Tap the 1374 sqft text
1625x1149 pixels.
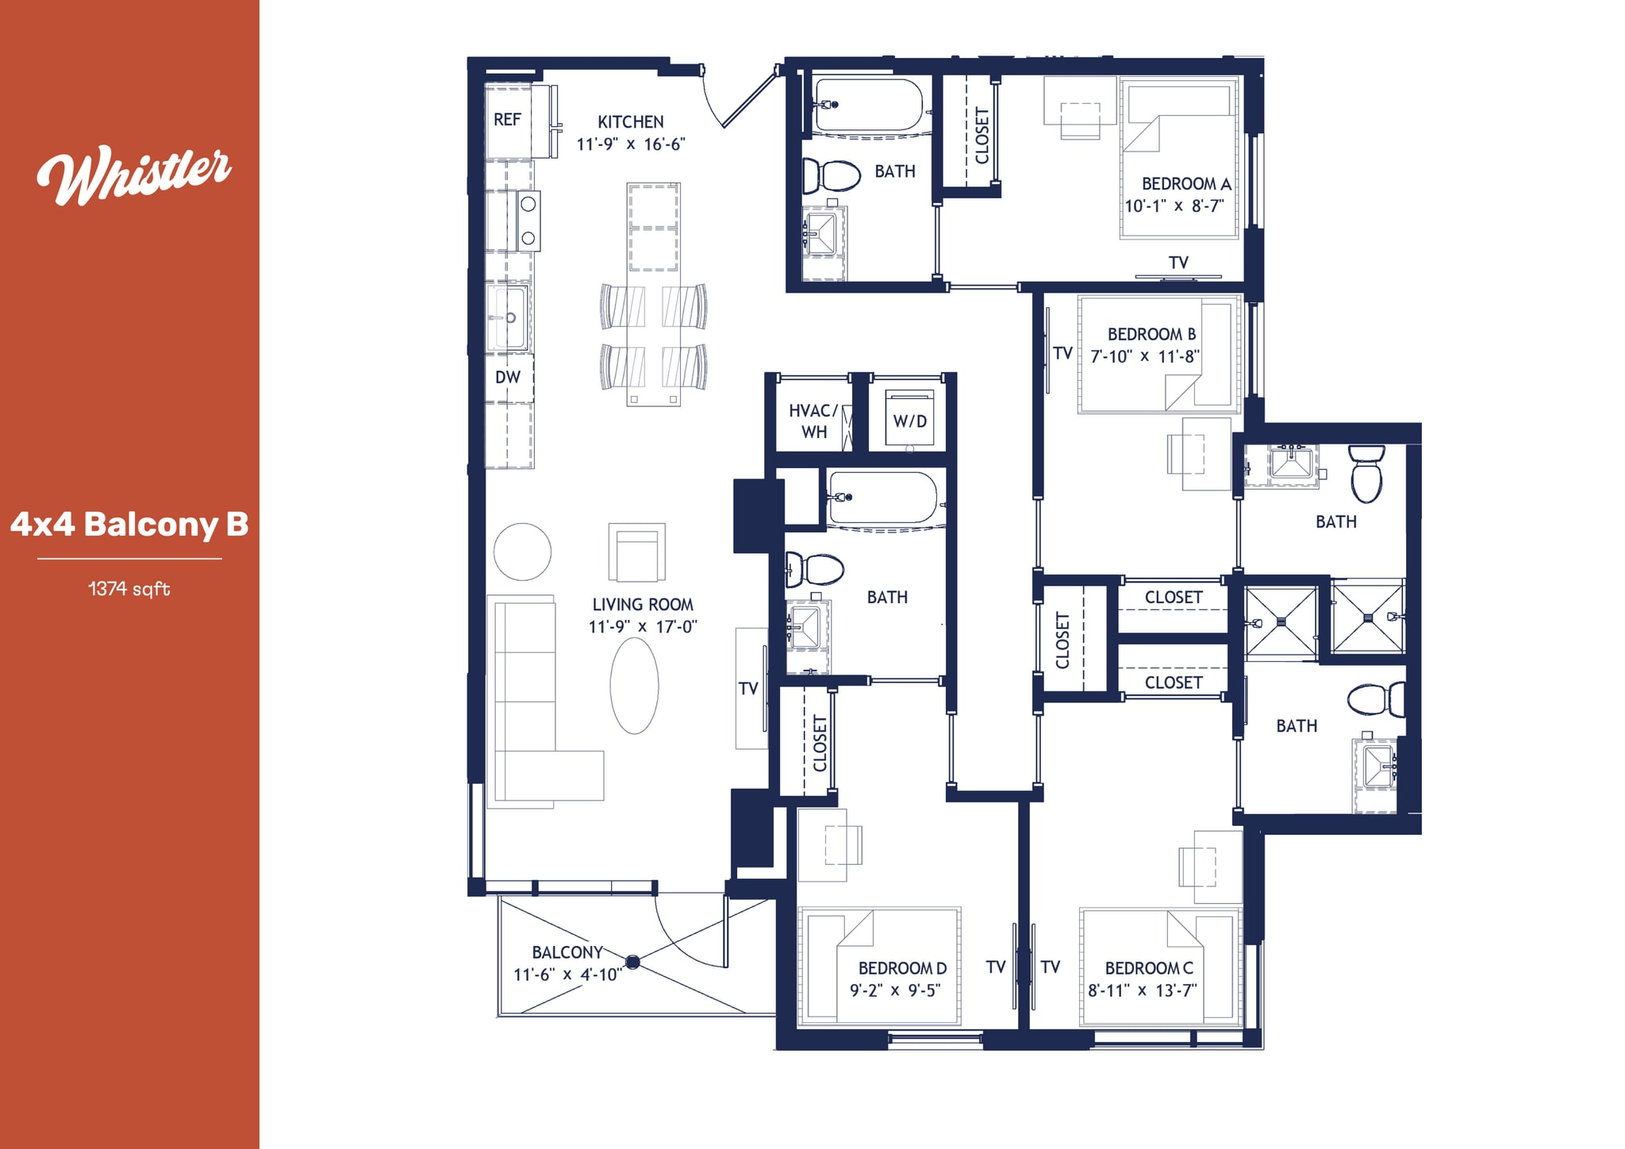129,589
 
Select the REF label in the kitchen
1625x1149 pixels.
507,120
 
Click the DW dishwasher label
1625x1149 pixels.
508,378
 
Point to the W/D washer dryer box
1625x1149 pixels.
909,420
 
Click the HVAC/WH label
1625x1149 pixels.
813,421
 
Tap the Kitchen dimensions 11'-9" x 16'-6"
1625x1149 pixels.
631,144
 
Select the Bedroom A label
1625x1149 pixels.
1185,184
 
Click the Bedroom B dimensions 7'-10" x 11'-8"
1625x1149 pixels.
1144,357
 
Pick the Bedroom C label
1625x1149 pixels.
1148,968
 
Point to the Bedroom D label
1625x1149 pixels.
902,968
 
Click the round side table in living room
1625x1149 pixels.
522,552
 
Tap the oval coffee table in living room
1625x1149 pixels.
634,686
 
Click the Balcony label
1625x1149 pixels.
567,952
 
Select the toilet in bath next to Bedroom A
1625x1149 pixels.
831,175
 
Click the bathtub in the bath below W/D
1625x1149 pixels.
882,498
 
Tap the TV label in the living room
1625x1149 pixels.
748,689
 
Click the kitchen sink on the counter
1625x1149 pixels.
508,318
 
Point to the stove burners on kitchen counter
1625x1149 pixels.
528,221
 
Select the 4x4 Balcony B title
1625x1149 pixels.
129,525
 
